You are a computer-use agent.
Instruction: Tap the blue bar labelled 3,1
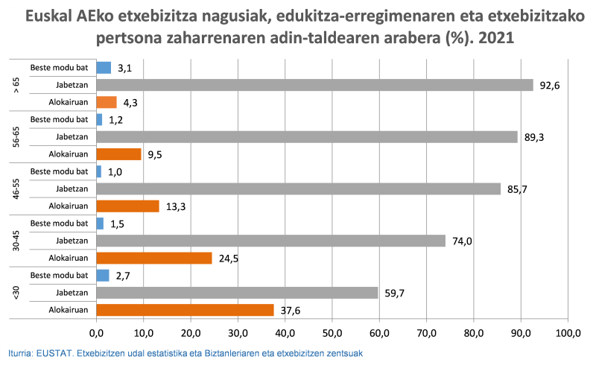(104, 68)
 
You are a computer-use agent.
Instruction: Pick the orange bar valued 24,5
(154, 258)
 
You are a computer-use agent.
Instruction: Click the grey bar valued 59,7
(237, 293)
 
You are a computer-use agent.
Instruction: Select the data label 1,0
(115, 172)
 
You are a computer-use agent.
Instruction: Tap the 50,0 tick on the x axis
(332, 332)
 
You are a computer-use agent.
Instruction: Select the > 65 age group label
(16, 85)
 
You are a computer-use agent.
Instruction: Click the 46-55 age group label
(16, 189)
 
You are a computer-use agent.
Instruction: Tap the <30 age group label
(16, 293)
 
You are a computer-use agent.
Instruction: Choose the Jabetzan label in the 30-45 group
(72, 241)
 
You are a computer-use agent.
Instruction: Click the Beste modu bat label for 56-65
(59, 119)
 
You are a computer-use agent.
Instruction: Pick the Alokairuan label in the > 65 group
(69, 102)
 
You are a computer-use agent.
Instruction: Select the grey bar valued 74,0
(270, 241)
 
